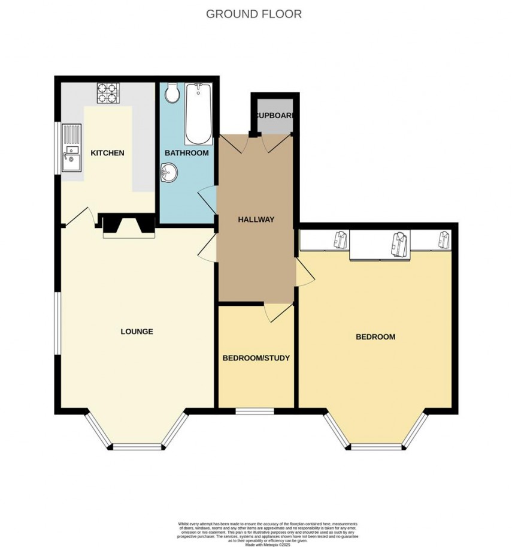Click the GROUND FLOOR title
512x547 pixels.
tap(254, 14)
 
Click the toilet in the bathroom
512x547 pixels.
tap(172, 93)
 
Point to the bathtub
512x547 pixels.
tap(198, 113)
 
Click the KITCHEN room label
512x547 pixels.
tap(107, 153)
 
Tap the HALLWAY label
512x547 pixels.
tap(256, 220)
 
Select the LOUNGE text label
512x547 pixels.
tap(137, 332)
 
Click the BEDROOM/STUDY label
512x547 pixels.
tap(256, 358)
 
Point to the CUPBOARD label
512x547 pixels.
tap(274, 115)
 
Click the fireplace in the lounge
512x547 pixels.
tap(128, 227)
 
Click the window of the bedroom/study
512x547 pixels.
tap(255, 411)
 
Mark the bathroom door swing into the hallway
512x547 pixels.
tap(207, 199)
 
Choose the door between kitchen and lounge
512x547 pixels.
tap(78, 217)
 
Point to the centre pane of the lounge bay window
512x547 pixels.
tap(137, 446)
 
